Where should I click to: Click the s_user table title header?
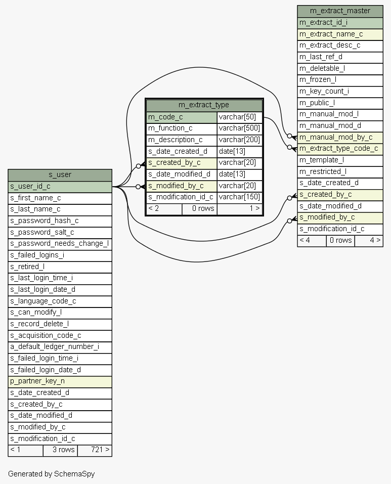(x=60, y=175)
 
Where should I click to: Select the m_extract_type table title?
(x=204, y=105)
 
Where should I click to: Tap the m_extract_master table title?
(x=339, y=11)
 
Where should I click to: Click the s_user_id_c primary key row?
(x=60, y=187)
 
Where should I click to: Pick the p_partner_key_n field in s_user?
(x=60, y=381)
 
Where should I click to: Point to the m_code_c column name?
(x=182, y=117)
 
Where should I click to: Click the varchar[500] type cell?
(x=239, y=128)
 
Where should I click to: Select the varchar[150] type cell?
(x=239, y=197)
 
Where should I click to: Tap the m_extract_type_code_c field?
(x=339, y=149)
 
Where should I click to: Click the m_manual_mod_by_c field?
(x=339, y=137)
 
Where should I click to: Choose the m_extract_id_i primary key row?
(x=339, y=23)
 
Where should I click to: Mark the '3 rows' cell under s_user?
(x=60, y=450)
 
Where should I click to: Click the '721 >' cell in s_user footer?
(x=95, y=450)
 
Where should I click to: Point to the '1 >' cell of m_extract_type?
(x=240, y=209)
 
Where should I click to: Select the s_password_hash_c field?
(x=60, y=221)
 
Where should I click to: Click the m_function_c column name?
(x=182, y=128)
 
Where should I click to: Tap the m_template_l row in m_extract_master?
(x=339, y=160)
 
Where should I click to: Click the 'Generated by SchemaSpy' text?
(x=51, y=474)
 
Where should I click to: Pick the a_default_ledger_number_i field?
(x=60, y=347)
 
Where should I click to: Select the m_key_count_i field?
(x=339, y=92)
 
